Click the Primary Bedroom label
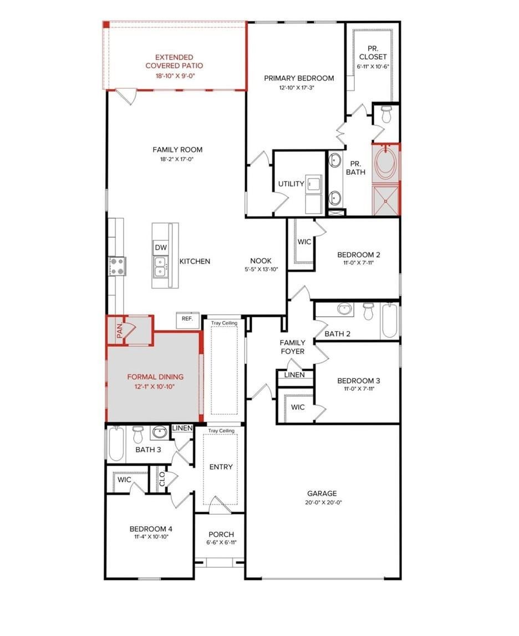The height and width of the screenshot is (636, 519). [299, 78]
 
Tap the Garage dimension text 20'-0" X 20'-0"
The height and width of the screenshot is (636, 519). [324, 502]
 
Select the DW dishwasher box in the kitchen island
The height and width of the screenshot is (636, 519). [161, 248]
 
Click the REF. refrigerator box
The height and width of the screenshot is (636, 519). [187, 320]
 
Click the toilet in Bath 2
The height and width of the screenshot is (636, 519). [368, 311]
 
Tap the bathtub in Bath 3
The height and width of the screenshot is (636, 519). [116, 444]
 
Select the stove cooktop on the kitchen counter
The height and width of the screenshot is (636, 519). [117, 266]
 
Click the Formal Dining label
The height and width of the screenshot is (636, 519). [155, 377]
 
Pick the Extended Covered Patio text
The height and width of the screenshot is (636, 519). [174, 61]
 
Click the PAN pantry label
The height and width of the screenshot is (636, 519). [119, 331]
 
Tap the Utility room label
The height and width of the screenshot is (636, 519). [291, 184]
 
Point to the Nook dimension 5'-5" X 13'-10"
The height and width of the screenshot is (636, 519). [261, 269]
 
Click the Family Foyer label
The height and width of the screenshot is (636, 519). [293, 347]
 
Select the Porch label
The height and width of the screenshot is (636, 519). [221, 534]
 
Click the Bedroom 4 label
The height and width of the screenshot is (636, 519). [151, 529]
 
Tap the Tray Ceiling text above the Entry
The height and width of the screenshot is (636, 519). [221, 431]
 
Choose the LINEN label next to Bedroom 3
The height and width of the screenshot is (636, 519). [294, 375]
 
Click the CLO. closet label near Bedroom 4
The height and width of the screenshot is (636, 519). [162, 478]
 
